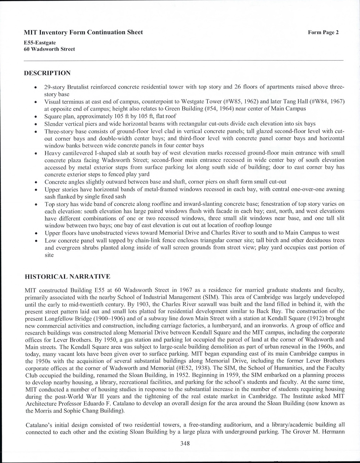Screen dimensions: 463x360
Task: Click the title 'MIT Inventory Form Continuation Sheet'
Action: coord(83,32)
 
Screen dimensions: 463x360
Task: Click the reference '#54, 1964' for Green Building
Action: coord(219,109)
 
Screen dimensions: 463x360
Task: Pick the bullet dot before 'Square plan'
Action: coord(36,117)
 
